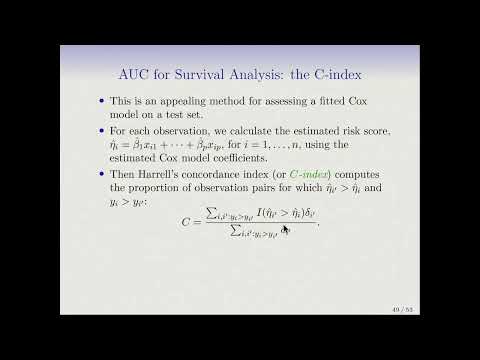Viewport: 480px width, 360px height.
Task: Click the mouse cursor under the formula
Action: [285, 230]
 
